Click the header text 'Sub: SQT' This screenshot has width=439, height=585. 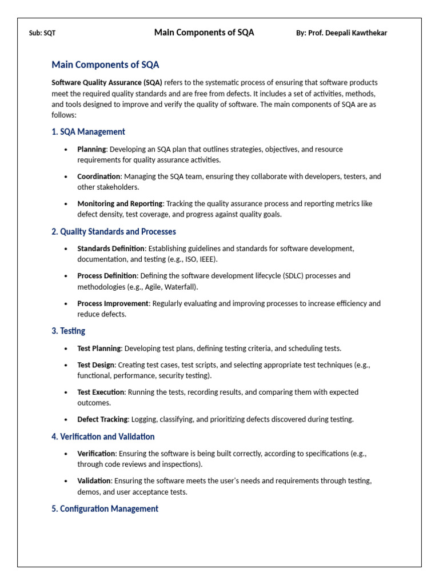click(42, 33)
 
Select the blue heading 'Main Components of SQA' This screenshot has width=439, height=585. click(105, 65)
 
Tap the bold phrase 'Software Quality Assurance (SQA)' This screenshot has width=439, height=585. click(107, 82)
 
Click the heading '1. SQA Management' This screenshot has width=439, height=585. click(88, 132)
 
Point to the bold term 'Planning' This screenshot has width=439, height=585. click(91, 149)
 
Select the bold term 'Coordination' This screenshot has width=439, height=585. click(99, 177)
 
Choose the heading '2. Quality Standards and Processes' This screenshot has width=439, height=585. click(113, 231)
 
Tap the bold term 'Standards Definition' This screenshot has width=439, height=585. click(111, 249)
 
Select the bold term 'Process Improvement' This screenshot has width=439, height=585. click(113, 303)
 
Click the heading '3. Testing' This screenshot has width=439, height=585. click(68, 331)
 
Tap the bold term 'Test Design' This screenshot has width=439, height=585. click(96, 364)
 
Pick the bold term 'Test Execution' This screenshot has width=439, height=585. click(101, 392)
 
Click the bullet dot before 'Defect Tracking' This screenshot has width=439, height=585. click(66, 420)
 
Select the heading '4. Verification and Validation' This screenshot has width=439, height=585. click(103, 436)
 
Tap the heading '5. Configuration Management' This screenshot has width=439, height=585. click(105, 508)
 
